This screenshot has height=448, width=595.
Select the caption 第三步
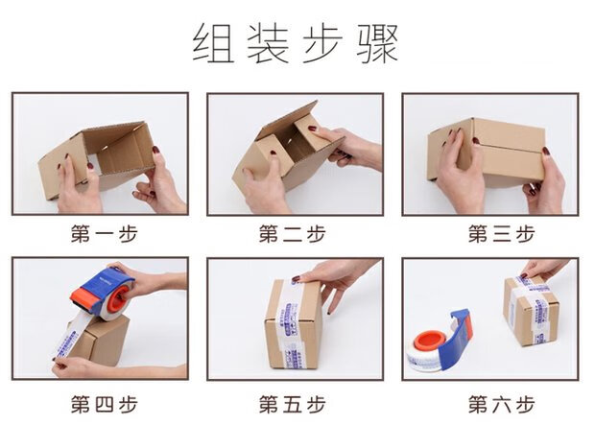pos(490,233)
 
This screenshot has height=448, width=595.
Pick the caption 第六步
pos(490,404)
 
